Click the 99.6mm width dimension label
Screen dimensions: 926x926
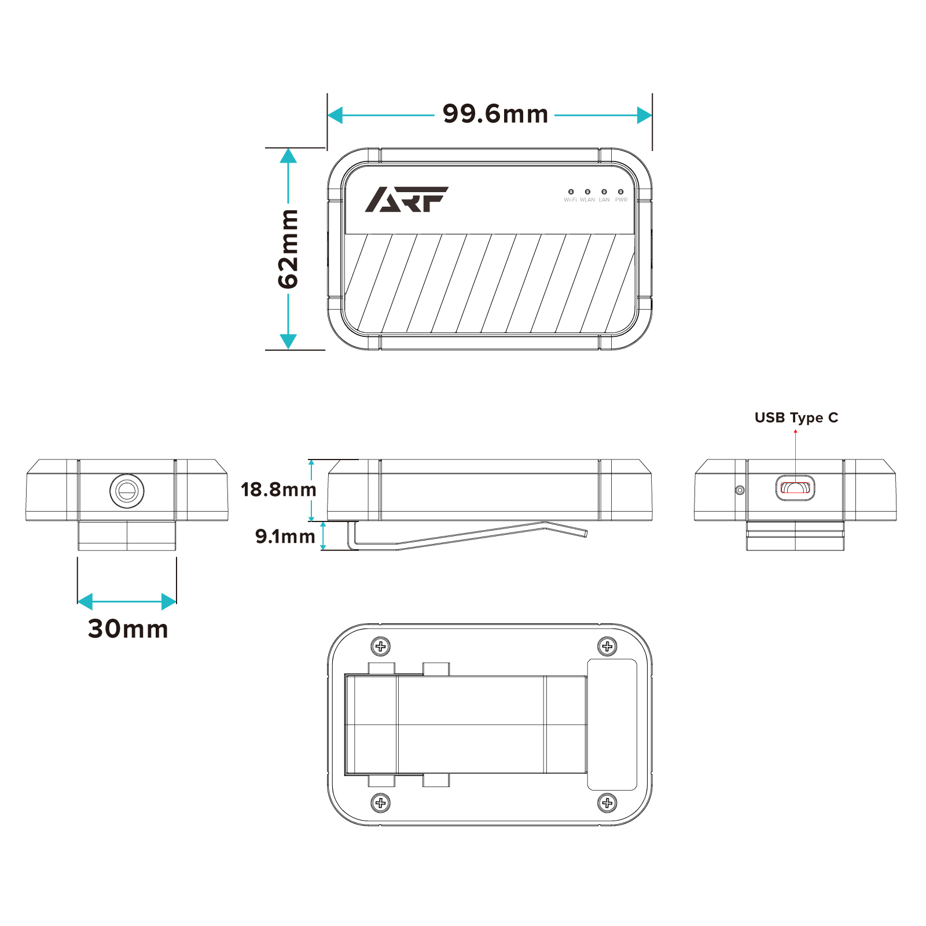coord(495,114)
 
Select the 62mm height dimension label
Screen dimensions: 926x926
coord(288,249)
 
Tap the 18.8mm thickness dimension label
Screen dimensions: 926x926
coord(278,490)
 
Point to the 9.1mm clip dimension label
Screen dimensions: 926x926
coord(285,537)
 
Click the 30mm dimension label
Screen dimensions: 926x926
coord(128,629)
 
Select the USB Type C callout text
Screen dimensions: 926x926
coord(796,418)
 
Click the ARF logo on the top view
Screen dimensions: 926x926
coord(406,199)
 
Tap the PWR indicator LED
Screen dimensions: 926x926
coord(620,192)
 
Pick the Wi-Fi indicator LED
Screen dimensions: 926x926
coord(571,192)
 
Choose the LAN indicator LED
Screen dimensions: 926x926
coord(604,192)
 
